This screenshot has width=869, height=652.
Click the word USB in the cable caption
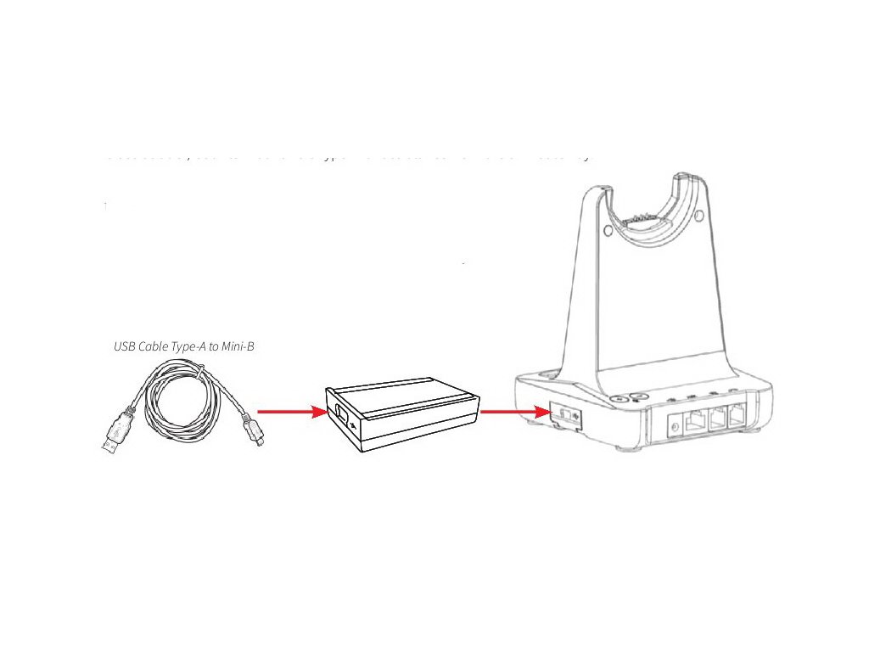[125, 346]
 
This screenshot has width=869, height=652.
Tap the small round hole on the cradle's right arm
[698, 216]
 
